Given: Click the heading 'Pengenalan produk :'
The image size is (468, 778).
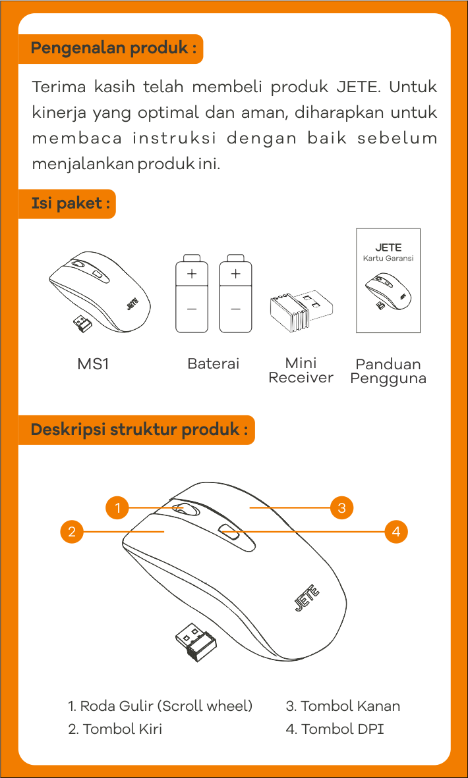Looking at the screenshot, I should pyautogui.click(x=113, y=49).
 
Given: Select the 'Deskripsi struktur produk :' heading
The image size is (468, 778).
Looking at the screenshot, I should pyautogui.click(x=139, y=430).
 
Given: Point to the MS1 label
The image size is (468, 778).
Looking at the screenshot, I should pyautogui.click(x=93, y=364).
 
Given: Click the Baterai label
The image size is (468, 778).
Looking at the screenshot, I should pyautogui.click(x=213, y=364).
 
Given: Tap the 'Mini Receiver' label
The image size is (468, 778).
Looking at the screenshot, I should pyautogui.click(x=301, y=371).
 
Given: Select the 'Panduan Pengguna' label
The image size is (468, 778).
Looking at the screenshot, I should pyautogui.click(x=388, y=371).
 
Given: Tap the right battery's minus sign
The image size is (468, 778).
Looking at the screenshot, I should pyautogui.click(x=235, y=309).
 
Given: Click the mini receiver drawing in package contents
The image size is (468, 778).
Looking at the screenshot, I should pyautogui.click(x=301, y=310).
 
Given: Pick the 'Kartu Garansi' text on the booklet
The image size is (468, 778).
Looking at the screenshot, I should pyautogui.click(x=388, y=259).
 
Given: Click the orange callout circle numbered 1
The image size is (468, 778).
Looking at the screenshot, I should pyautogui.click(x=117, y=508).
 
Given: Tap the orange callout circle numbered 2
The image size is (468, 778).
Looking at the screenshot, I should pyautogui.click(x=72, y=531).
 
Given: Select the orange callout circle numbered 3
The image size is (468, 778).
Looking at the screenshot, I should pyautogui.click(x=341, y=508).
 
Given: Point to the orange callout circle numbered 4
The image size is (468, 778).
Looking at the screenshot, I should pyautogui.click(x=395, y=531).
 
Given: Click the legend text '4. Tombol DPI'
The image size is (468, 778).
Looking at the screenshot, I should pyautogui.click(x=334, y=729).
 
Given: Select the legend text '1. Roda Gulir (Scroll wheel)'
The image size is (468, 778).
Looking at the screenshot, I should pyautogui.click(x=160, y=706).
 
